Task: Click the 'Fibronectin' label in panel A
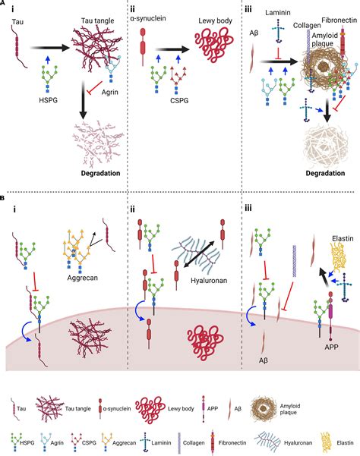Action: (x=333, y=14)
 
